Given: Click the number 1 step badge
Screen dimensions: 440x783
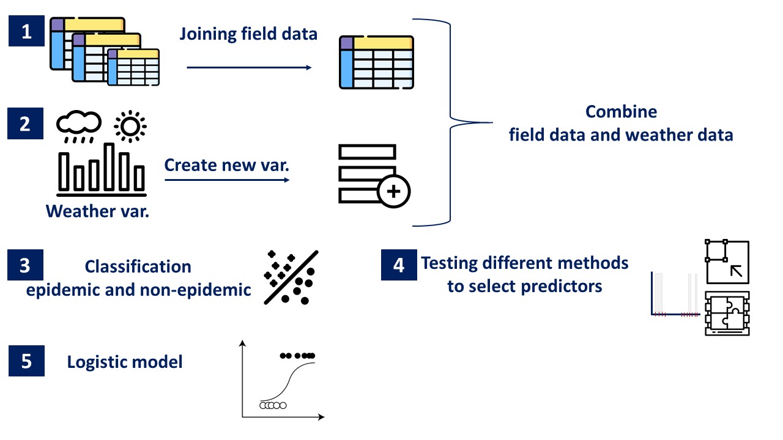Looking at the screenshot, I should coord(26,32).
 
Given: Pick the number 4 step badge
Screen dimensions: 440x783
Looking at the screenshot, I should coord(399,266).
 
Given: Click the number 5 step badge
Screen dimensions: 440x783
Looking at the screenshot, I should coord(26,361).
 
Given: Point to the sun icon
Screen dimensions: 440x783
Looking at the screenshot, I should coord(130,125).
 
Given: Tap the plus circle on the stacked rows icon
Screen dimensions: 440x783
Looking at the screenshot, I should coord(394,192).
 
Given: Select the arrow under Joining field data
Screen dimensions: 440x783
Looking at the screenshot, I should coord(249,67).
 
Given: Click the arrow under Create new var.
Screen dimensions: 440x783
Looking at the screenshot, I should coord(227,180).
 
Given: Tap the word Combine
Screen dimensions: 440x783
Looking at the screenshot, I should coord(621,112).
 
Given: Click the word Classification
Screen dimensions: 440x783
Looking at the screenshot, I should coord(138,267).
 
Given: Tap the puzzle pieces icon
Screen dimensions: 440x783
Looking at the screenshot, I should coord(727,313).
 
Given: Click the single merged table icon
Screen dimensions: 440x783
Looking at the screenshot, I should coord(377,62).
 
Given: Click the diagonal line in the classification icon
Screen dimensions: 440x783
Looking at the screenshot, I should coord(291,277).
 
